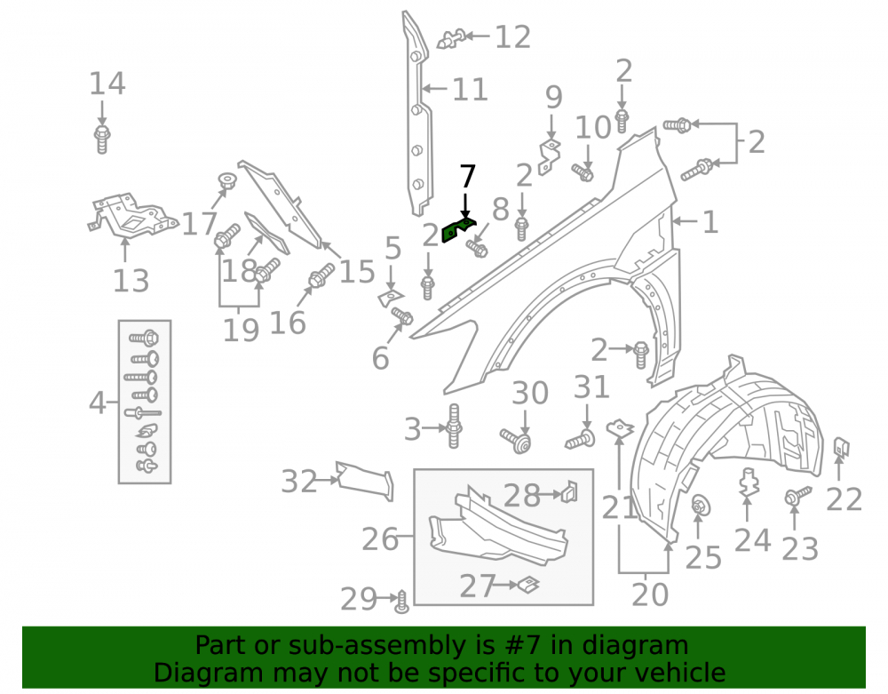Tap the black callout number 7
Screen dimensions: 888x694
pyautogui.click(x=467, y=176)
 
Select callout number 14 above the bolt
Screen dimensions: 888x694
pyautogui.click(x=107, y=84)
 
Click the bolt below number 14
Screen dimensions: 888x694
pyautogui.click(x=102, y=140)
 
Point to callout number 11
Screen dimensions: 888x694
pyautogui.click(x=470, y=90)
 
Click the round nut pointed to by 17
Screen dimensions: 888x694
pyautogui.click(x=227, y=181)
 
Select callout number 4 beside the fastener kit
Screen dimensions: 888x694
pyautogui.click(x=97, y=403)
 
